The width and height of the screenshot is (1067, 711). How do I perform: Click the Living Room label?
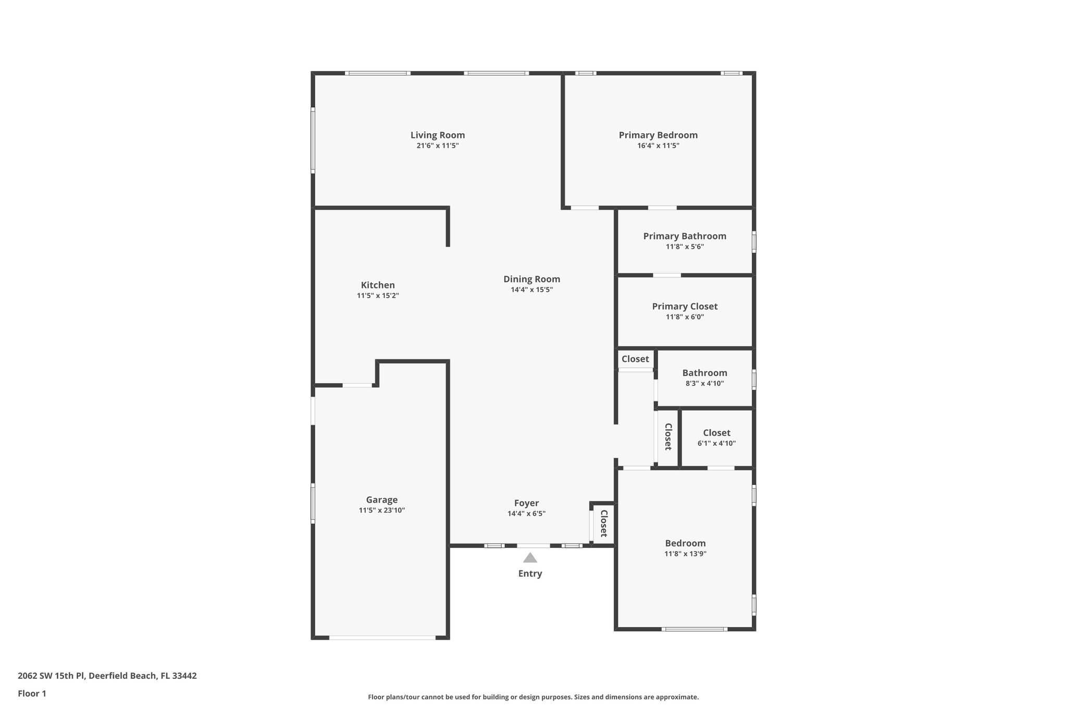pos(437,135)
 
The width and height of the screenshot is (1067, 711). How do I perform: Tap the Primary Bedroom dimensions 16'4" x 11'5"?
pos(658,146)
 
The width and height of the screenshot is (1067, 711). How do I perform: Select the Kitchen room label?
pos(378,285)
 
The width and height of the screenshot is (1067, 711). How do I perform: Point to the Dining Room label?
pos(531,279)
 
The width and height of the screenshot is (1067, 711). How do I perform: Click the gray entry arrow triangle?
pos(530,558)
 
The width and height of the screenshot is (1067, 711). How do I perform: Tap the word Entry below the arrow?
pos(530,573)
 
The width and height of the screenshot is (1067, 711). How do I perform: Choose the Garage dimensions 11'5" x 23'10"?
pos(381,510)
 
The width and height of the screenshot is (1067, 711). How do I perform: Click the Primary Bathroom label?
pos(685,236)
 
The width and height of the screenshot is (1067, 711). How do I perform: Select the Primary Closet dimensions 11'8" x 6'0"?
pos(685,317)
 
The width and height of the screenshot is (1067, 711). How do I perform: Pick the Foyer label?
pos(526,503)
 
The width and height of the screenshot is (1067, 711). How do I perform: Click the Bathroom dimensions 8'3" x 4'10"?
pos(704,383)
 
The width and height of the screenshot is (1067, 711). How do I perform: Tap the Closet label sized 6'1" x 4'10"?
pos(716,433)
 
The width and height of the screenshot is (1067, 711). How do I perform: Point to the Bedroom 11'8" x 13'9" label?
pos(685,543)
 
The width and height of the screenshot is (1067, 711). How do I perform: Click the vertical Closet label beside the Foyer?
pos(604,523)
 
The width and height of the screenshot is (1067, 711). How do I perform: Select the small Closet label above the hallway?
pos(635,359)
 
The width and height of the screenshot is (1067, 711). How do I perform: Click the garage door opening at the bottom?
pos(382,638)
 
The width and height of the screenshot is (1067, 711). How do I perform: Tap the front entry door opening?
pos(533,546)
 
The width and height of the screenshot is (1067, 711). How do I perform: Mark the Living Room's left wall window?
pos(313,140)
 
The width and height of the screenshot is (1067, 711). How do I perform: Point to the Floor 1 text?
pos(32,693)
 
